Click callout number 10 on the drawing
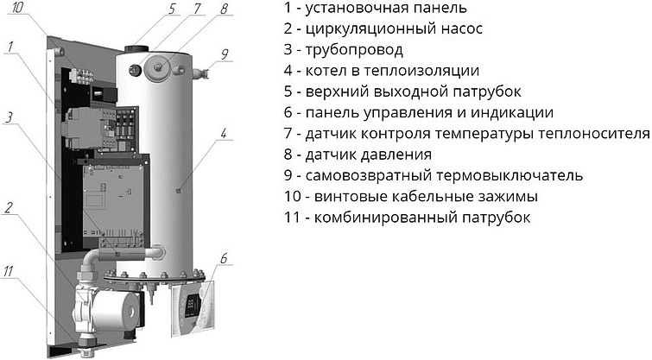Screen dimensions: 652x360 point(18,8)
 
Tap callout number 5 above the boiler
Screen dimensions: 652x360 point(173,9)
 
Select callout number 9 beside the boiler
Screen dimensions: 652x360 point(225,54)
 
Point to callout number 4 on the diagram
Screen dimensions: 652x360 point(224,134)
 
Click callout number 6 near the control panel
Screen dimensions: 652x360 point(225,258)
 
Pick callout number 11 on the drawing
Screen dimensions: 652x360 point(9,271)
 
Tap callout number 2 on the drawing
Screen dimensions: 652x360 point(9,207)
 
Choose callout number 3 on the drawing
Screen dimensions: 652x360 point(9,117)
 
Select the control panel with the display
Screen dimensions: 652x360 point(193,307)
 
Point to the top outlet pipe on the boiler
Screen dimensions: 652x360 point(136,49)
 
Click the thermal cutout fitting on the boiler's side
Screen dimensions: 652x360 point(201,73)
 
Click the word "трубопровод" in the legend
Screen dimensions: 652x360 point(354,49)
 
